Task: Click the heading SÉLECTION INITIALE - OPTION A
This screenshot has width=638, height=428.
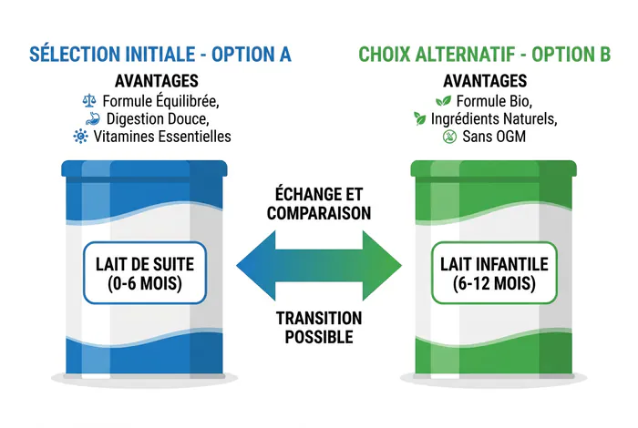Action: pos(160,55)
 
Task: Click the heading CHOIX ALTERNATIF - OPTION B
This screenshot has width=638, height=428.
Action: pos(485,55)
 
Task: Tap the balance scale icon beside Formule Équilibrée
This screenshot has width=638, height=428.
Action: pos(89,101)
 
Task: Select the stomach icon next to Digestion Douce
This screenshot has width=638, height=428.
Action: pos(93,118)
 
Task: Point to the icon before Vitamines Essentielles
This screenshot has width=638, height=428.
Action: pos(80,137)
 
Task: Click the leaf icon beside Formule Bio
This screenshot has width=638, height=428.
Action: pos(443,101)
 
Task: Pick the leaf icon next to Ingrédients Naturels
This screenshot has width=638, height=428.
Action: pos(419,118)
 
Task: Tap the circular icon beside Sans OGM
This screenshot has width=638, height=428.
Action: pos(449,137)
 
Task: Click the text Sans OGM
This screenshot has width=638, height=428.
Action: pos(494,137)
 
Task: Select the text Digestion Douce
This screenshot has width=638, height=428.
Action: pos(158,118)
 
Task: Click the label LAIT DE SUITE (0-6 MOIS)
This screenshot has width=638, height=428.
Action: pos(145,273)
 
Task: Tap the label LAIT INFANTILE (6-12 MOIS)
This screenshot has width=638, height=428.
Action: pos(494,273)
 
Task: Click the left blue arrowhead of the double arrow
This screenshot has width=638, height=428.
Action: pos(256,266)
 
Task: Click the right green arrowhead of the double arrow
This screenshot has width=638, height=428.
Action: pos(382,266)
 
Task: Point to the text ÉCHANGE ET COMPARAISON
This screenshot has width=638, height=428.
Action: pos(319,204)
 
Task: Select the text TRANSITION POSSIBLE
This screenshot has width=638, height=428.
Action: pos(319,328)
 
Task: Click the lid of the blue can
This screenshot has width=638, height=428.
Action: pos(144,168)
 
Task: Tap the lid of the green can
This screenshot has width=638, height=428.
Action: pos(494,168)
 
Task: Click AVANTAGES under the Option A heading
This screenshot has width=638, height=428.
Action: pos(157,81)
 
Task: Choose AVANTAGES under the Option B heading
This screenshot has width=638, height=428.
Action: pos(485,81)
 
